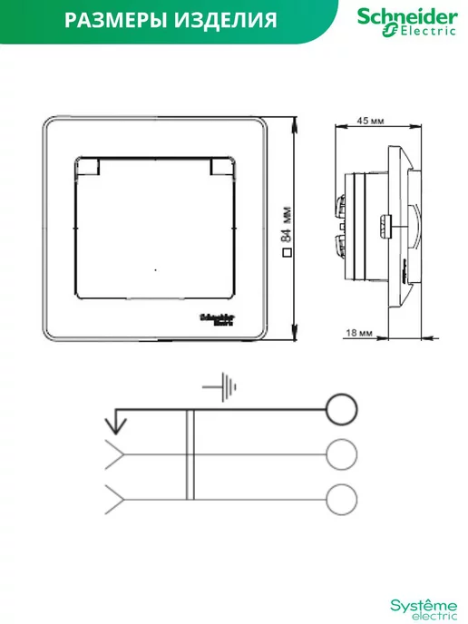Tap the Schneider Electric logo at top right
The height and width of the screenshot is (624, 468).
(x=407, y=23)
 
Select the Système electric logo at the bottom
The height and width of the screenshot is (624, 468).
(x=424, y=609)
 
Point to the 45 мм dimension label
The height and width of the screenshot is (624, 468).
(x=370, y=121)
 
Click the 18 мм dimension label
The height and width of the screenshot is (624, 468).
(x=358, y=333)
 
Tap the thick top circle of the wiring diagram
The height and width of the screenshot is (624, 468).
(x=341, y=409)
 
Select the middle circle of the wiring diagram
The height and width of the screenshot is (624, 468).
(x=341, y=454)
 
